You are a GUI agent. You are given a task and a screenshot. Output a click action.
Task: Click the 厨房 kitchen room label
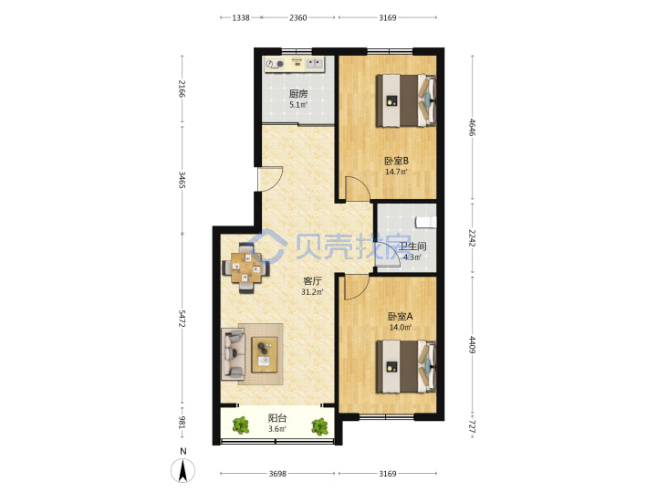point(298,94)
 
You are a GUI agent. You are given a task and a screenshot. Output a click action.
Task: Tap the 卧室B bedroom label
point(396,161)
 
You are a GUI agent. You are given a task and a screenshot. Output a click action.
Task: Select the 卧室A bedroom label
point(401,317)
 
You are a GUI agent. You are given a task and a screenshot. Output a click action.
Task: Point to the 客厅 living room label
point(312,281)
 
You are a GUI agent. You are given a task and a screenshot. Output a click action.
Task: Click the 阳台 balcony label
point(277,418)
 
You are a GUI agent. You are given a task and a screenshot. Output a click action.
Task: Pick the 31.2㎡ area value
point(312,292)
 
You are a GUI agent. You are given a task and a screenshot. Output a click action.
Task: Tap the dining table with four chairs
point(246,267)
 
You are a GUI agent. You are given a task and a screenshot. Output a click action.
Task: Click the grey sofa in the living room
point(233,354)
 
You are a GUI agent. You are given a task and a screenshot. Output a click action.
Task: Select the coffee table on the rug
point(265,354)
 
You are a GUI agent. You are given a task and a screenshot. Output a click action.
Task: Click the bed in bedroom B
point(405,100)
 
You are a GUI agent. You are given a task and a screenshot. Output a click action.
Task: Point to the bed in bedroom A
point(405,367)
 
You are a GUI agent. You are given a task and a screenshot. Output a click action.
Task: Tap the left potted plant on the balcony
point(241,425)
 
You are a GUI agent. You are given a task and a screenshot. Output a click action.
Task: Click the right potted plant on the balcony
point(319,426)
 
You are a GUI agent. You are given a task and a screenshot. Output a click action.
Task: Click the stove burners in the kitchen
point(275,64)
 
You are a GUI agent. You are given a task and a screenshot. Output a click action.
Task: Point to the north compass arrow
point(182,470)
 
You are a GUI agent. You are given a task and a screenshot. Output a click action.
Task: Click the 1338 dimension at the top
point(241,17)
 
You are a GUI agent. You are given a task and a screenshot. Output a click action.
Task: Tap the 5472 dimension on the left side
point(182,319)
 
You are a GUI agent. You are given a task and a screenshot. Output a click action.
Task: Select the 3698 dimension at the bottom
point(277,474)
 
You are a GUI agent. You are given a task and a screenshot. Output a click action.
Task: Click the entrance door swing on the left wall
point(270,179)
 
